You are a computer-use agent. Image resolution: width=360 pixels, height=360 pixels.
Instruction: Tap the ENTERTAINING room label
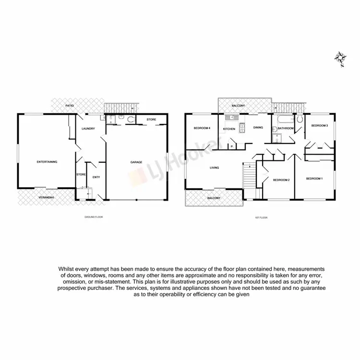(47, 162)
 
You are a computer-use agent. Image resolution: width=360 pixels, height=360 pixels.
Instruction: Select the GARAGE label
(136, 162)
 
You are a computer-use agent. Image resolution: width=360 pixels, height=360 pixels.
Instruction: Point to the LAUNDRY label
(88, 129)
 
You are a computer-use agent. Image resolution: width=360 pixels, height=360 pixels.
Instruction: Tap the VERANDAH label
(47, 197)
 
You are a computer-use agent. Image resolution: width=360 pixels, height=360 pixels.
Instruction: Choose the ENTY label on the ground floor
(96, 177)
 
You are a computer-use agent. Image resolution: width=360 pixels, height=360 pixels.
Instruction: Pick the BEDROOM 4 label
(203, 128)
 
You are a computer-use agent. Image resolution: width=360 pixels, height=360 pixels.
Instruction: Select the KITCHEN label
(228, 129)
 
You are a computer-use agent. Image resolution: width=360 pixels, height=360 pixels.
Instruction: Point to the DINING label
(258, 128)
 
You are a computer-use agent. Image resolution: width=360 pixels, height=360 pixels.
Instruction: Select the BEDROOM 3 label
(319, 126)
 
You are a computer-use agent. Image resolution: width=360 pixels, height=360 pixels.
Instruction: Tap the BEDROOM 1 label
(314, 179)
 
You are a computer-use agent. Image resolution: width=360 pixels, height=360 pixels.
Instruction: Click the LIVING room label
(214, 168)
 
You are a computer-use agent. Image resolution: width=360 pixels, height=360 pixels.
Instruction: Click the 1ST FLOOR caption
(261, 217)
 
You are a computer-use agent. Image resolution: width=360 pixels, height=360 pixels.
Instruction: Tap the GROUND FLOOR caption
(94, 217)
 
